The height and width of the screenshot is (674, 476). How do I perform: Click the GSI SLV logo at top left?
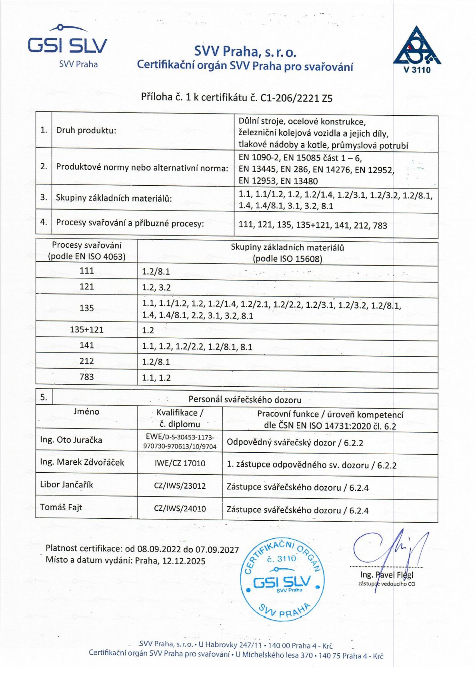point(68,45)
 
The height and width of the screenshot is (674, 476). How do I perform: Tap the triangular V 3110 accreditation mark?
point(417,49)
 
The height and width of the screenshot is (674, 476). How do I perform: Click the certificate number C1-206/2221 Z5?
point(296,98)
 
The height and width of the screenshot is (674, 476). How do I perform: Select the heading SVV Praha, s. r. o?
point(245,51)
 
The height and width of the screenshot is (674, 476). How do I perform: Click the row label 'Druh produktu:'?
point(86,130)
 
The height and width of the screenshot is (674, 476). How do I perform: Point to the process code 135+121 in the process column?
point(87,330)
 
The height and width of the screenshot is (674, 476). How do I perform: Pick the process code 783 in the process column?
point(87,377)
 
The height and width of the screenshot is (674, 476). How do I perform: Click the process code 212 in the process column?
point(87,361)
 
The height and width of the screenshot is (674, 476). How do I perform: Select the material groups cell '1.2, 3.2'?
point(156,287)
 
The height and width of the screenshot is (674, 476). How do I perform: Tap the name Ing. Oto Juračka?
point(71,440)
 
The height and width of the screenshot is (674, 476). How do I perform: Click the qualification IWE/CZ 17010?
point(180,463)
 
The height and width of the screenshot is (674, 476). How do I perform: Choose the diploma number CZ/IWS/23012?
point(180,486)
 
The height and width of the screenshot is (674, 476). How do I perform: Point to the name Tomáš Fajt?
point(61,508)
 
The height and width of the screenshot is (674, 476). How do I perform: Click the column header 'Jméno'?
point(86,411)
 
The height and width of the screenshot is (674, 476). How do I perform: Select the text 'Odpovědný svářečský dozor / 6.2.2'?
point(295,443)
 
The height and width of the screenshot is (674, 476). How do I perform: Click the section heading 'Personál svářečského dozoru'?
point(245,399)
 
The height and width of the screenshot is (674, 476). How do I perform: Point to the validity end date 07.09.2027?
point(218,550)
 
